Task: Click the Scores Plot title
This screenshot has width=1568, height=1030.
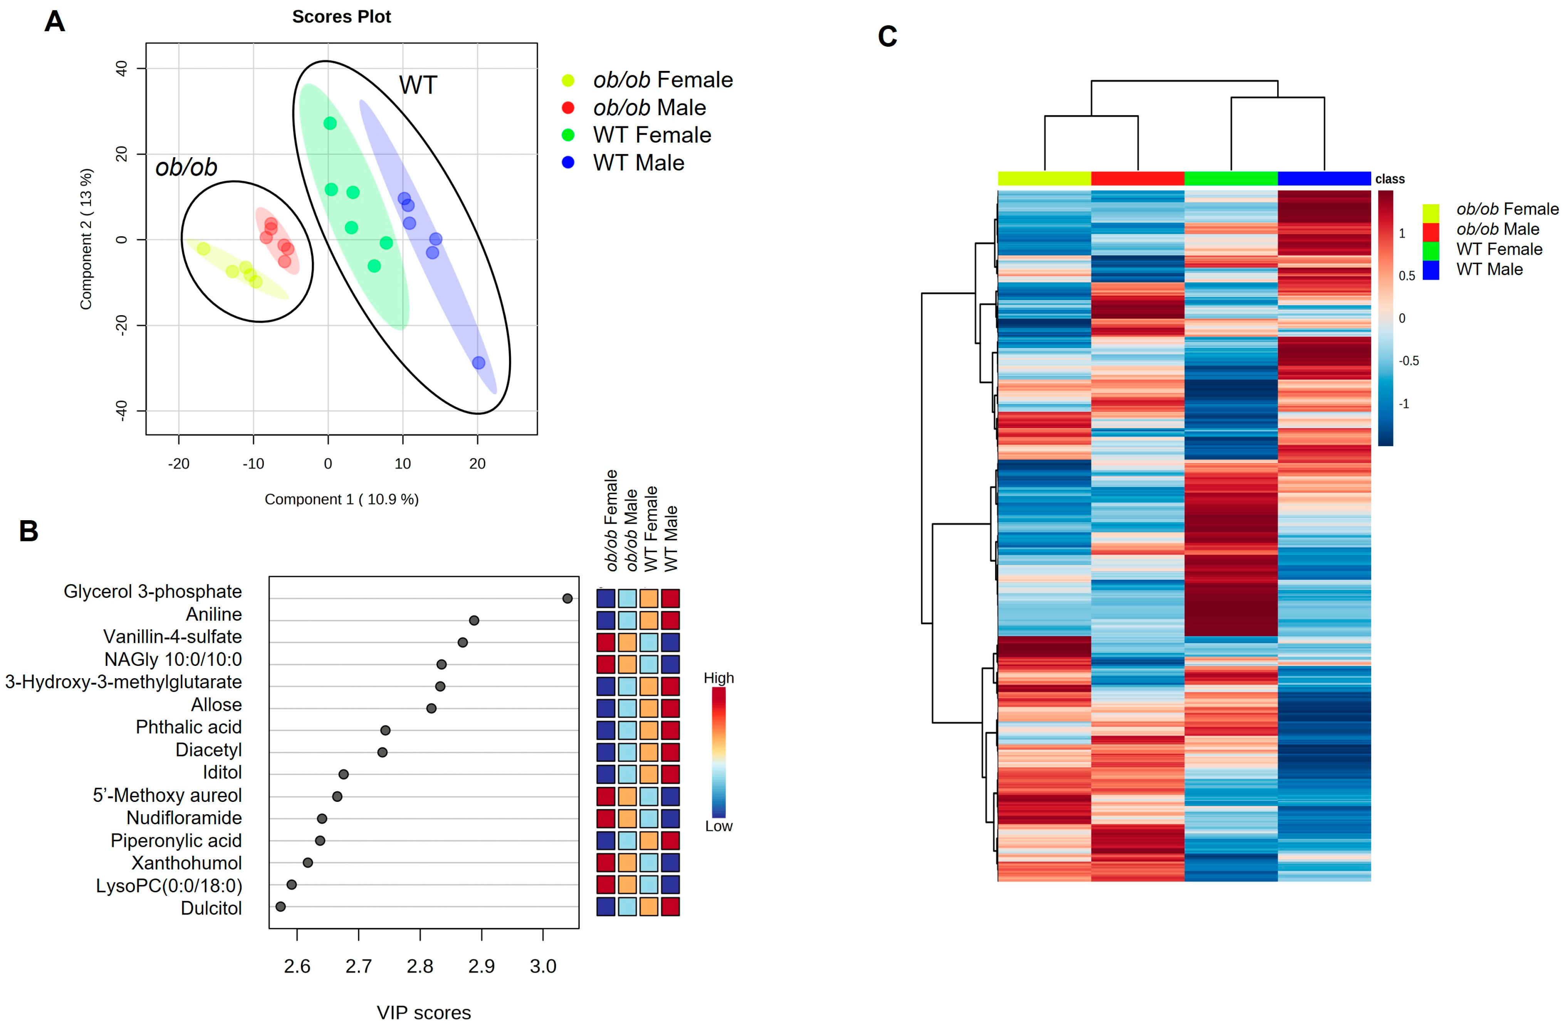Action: (x=341, y=17)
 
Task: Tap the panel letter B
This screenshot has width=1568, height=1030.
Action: (x=29, y=531)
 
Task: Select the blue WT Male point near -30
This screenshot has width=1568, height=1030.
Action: (x=478, y=363)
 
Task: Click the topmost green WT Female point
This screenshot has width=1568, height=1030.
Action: (x=330, y=123)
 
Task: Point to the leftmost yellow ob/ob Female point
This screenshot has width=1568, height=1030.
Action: (x=203, y=249)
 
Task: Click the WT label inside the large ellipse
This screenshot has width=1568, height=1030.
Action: (x=418, y=85)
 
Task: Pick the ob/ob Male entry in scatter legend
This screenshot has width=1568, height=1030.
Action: (x=648, y=108)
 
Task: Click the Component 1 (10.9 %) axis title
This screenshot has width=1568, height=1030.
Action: (x=341, y=499)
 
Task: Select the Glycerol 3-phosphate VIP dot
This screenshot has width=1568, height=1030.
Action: (x=567, y=598)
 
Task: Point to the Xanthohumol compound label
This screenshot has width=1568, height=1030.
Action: (x=186, y=863)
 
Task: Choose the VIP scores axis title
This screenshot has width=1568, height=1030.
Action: (x=424, y=1012)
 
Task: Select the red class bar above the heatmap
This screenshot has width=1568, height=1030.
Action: (x=1137, y=178)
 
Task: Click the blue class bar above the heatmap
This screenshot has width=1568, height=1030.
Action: (x=1324, y=178)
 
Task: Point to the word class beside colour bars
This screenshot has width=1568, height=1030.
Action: (x=1390, y=179)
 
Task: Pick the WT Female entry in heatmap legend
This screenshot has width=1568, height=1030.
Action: (x=1499, y=249)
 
